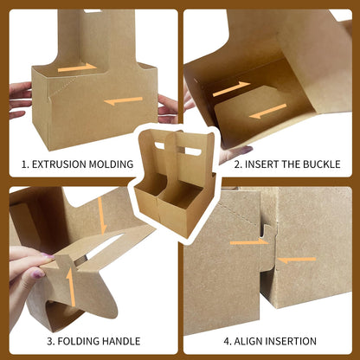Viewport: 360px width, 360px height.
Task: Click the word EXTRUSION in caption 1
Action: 59,164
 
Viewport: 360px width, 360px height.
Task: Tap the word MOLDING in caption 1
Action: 111,164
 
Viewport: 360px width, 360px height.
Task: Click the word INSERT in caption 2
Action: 261,164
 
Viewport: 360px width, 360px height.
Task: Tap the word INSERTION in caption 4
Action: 291,341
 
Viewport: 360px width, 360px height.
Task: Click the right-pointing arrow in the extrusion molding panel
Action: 77,67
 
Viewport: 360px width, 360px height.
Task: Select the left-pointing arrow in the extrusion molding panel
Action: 123,100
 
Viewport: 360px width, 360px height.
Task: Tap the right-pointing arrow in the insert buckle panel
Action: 231,88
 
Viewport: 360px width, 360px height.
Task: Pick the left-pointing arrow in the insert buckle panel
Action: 267,112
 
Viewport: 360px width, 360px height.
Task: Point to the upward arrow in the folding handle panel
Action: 71,287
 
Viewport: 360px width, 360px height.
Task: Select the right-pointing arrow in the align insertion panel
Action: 249,241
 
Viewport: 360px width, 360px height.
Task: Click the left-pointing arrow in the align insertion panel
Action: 297,260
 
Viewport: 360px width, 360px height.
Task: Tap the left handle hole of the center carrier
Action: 159,145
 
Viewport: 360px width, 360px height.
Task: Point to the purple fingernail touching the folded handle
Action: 48,256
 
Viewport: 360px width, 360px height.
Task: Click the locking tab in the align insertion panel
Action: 267,248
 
